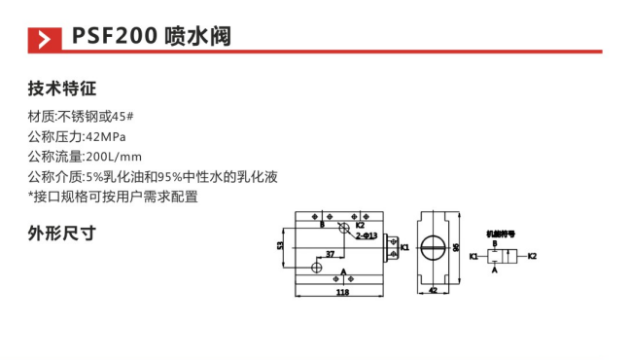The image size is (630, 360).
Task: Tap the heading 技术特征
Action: [x=62, y=90]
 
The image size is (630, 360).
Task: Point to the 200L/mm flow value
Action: [x=115, y=156]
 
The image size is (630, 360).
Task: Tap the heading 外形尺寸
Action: [x=62, y=234]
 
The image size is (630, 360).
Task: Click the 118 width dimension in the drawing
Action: [x=342, y=291]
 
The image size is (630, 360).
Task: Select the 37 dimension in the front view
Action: [x=331, y=254]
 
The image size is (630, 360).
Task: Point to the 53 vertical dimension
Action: [x=280, y=246]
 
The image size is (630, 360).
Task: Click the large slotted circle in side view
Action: [x=435, y=247]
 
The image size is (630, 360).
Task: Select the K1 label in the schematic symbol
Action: [x=472, y=256]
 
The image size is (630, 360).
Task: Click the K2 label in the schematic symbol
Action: [x=532, y=256]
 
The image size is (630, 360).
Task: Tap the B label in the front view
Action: [x=322, y=224]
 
